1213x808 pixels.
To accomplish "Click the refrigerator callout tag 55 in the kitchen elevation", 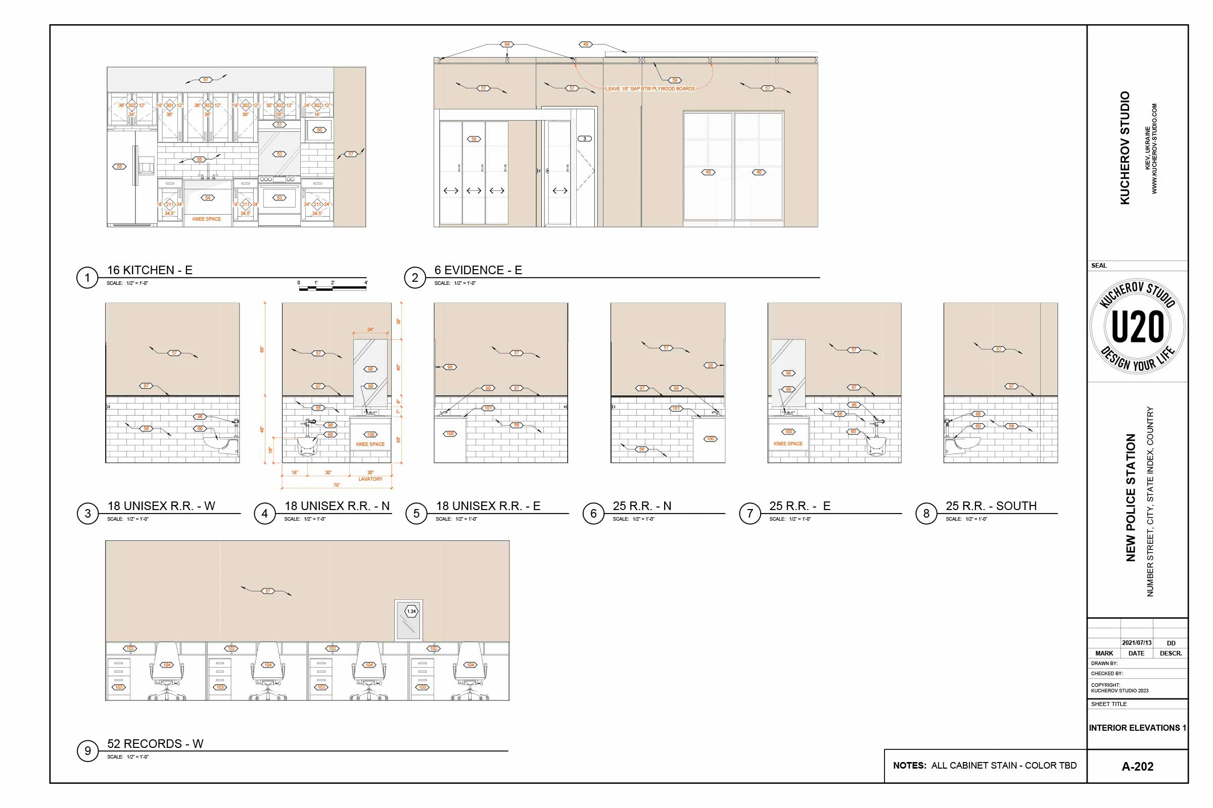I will (119, 167).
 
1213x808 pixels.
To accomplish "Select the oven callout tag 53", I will (279, 197).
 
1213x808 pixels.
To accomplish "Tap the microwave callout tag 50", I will (319, 130).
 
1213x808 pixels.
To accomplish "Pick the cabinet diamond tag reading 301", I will (170, 105).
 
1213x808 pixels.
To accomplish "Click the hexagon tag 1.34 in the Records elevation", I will (411, 611).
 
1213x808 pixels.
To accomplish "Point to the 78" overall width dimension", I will (337, 485).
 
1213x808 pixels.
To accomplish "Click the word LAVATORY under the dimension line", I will (370, 479).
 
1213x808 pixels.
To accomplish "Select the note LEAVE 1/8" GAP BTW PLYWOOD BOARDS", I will (650, 89).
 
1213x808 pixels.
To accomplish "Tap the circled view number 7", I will (750, 513).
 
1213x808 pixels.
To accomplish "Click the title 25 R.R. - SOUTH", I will (991, 506).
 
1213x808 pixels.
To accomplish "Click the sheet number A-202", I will (1137, 766).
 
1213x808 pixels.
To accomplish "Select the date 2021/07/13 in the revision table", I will (1136, 642).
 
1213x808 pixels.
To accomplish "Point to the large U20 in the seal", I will (1137, 326).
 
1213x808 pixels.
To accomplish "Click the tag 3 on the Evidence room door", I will (584, 138).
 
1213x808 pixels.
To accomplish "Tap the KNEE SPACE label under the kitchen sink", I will (206, 219).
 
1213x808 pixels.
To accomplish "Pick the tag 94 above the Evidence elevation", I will (507, 44).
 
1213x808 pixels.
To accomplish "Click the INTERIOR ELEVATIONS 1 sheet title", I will (1137, 728).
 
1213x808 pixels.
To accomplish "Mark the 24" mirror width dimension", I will (370, 330).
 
